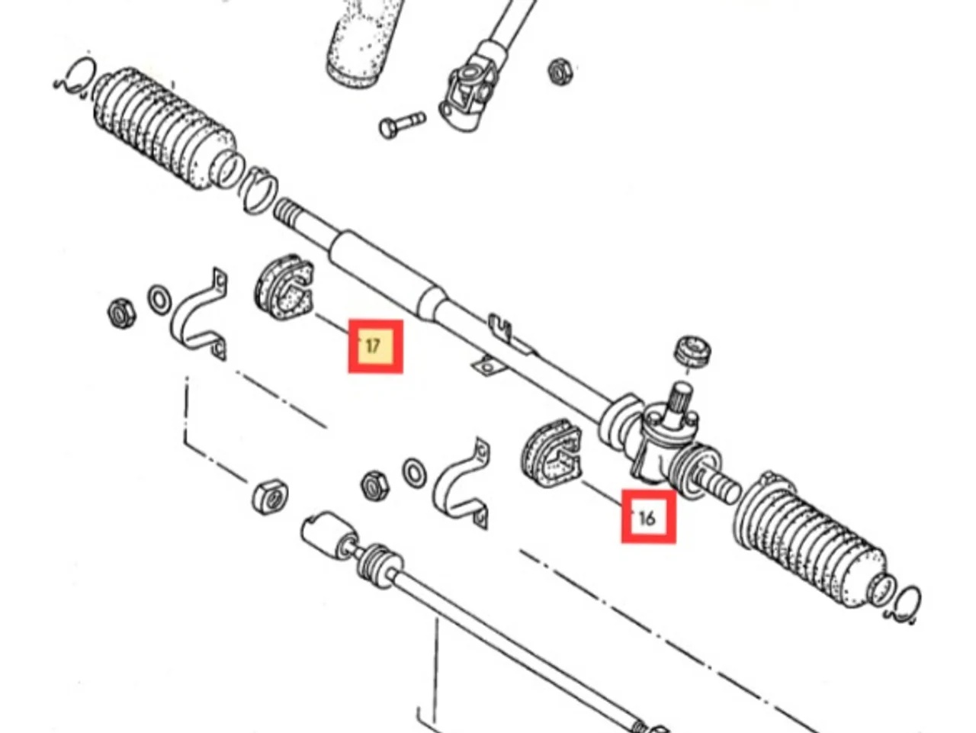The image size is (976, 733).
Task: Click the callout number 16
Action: [x=647, y=517]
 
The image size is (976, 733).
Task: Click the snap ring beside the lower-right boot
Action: [x=907, y=603]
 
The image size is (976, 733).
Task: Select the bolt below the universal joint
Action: [x=401, y=124]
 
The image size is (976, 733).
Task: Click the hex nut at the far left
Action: [x=121, y=313]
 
